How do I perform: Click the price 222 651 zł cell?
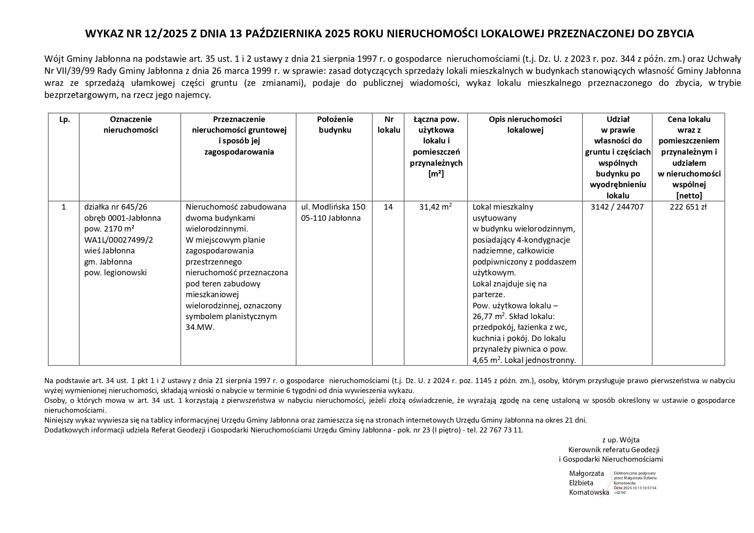pyautogui.click(x=688, y=207)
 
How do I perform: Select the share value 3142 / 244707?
pyautogui.click(x=617, y=207)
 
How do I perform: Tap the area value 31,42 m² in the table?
pyautogui.click(x=435, y=207)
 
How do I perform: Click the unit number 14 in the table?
pyautogui.click(x=388, y=207)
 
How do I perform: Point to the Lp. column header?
pyautogui.click(x=64, y=119)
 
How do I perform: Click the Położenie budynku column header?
pyautogui.click(x=335, y=125)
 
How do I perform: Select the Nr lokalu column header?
pyautogui.click(x=388, y=125)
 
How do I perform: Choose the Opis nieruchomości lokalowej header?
pyautogui.click(x=525, y=125)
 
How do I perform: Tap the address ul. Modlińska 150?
pyautogui.click(x=333, y=207)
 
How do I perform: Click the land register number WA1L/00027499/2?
pyautogui.click(x=119, y=240)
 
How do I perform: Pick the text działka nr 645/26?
pyautogui.click(x=116, y=207)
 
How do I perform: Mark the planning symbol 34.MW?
pyautogui.click(x=200, y=327)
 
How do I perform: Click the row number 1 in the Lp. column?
pyautogui.click(x=64, y=207)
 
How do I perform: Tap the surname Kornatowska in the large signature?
pyautogui.click(x=589, y=493)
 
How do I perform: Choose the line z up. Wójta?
pyautogui.click(x=620, y=440)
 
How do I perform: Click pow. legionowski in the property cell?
pyautogui.click(x=115, y=272)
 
